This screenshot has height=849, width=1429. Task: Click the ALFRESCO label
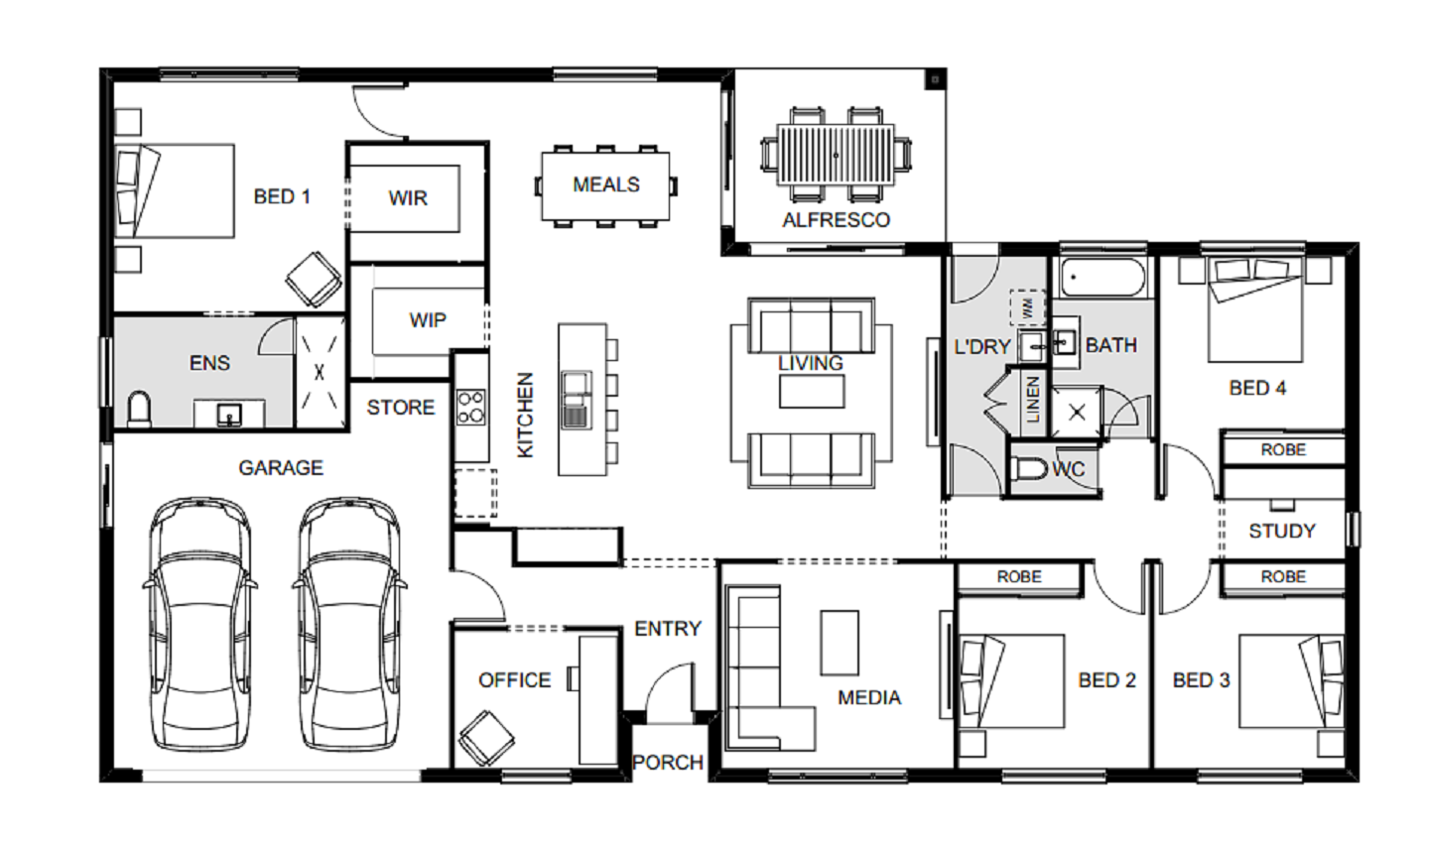click(836, 220)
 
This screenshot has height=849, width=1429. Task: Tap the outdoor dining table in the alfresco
click(836, 155)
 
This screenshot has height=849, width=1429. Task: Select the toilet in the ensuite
click(139, 410)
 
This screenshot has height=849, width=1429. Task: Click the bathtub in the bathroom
click(1103, 278)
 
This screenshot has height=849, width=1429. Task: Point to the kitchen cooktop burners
click(470, 408)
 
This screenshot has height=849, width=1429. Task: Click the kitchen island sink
click(576, 400)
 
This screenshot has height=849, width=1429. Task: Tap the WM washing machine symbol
click(1027, 307)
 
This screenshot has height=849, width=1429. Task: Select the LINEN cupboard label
click(1033, 400)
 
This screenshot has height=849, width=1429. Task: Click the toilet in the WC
click(1030, 470)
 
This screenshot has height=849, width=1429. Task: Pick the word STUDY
click(1282, 531)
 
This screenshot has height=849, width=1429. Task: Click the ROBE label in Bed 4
click(1283, 450)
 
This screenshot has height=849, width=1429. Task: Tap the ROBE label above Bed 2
click(1019, 577)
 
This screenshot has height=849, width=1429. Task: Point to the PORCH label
click(668, 763)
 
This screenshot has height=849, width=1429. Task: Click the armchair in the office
click(486, 738)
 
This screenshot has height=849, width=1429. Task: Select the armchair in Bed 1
click(314, 279)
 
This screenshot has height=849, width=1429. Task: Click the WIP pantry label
click(428, 320)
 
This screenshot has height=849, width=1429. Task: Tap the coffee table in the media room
click(840, 643)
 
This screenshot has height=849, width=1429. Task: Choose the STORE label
click(401, 408)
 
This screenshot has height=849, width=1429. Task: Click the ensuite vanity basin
click(229, 415)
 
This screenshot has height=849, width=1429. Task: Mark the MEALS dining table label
click(606, 184)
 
